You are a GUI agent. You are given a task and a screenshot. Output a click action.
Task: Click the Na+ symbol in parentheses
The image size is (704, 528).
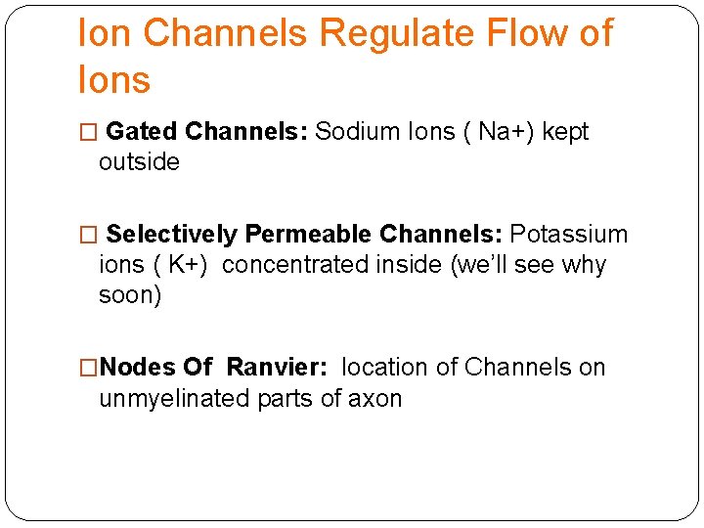click(502, 132)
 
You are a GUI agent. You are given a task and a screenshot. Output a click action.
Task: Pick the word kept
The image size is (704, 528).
click(565, 132)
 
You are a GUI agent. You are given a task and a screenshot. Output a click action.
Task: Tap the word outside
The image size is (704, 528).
click(139, 162)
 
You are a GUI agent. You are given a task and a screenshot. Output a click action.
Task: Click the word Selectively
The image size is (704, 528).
click(171, 235)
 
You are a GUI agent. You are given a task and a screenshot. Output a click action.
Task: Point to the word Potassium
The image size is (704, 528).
click(569, 235)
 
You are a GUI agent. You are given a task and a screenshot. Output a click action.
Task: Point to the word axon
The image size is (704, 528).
click(375, 398)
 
